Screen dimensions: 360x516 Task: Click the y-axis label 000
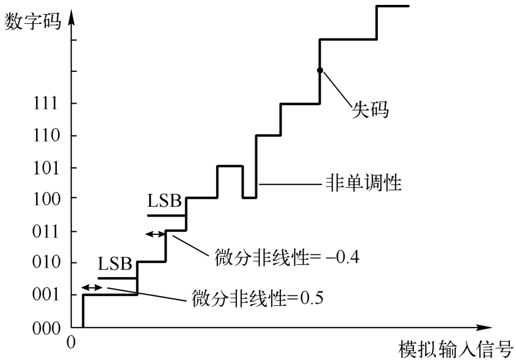(48, 328)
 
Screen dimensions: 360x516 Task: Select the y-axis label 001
(48, 295)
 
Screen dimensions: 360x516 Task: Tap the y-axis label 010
(48, 263)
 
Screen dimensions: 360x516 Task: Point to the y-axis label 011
(48, 232)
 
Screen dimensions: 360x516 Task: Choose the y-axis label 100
(48, 198)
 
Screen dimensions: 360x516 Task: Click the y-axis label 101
(48, 168)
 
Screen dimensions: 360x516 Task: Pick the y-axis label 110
(48, 135)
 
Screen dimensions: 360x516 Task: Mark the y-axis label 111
(48, 104)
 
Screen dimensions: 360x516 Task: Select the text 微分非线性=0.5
(256, 299)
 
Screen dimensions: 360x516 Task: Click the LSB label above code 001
(115, 264)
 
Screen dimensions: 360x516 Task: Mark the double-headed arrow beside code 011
(155, 233)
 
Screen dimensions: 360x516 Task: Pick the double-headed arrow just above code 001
(92, 287)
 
